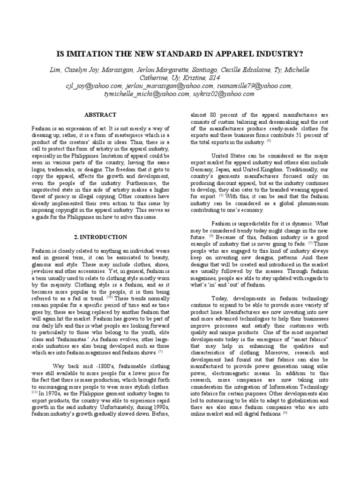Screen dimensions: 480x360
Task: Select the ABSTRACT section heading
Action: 100,115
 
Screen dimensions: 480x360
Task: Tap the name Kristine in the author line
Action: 189,78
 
